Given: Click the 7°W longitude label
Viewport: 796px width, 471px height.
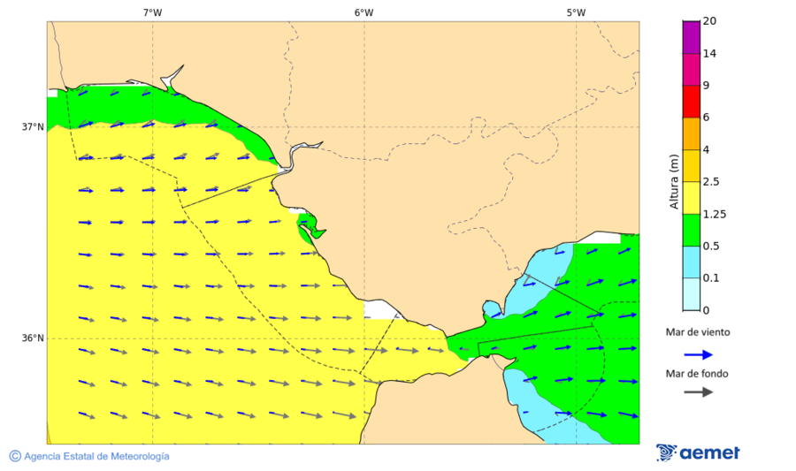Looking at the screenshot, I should (x=152, y=12).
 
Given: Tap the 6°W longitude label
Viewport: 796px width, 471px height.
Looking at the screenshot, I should (x=364, y=12).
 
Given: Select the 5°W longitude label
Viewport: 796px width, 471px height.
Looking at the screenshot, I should (x=576, y=12).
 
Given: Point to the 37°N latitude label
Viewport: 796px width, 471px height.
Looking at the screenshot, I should (x=33, y=126).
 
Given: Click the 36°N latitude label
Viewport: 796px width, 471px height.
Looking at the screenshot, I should (x=33, y=338).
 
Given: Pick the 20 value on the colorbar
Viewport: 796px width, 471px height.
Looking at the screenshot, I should (x=709, y=21).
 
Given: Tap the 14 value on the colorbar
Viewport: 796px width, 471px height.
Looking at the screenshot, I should (x=709, y=53).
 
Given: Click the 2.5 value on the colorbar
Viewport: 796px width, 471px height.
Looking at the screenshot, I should (x=711, y=182).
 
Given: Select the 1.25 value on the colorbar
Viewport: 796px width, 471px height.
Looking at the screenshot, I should (x=714, y=214).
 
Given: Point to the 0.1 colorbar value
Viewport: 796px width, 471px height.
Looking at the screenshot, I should (x=710, y=278).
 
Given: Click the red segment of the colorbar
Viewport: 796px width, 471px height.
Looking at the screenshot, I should (x=690, y=102).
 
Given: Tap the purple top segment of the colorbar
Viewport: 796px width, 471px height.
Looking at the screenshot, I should (x=690, y=37).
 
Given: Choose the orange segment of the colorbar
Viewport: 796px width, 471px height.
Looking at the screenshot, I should (x=690, y=133).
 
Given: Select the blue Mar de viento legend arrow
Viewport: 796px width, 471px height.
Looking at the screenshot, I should (x=698, y=354).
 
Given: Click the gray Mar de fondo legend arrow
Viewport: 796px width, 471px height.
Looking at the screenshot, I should (x=698, y=391).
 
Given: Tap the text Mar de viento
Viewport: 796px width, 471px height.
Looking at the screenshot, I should (x=698, y=332).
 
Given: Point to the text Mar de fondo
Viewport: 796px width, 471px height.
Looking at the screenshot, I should (x=698, y=374).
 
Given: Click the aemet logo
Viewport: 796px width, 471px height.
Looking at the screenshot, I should (x=698, y=452).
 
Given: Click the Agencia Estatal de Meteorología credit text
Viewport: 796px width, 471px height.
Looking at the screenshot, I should (x=89, y=456).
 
